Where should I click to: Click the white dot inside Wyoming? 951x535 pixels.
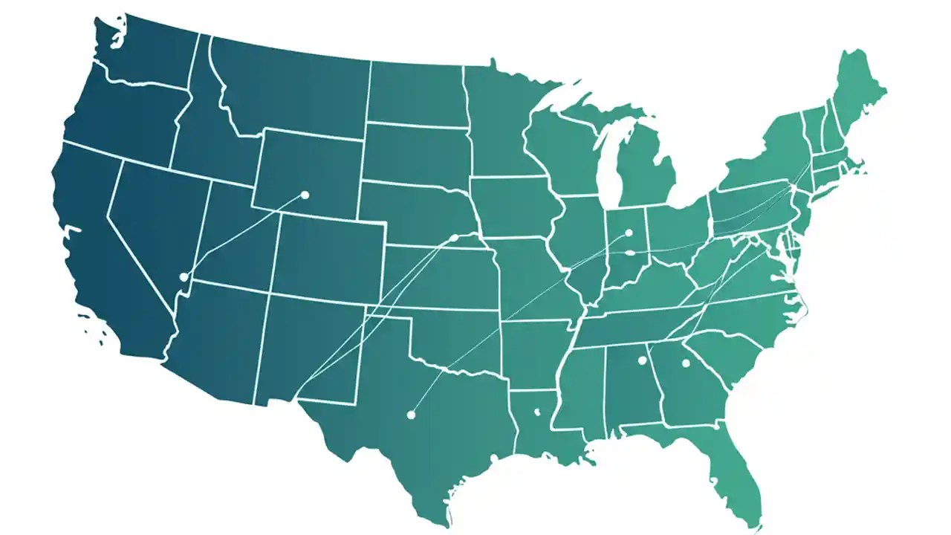pyautogui.click(x=304, y=195)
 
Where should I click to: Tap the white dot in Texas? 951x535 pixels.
pyautogui.click(x=410, y=415)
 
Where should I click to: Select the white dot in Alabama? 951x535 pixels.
pyautogui.click(x=642, y=360)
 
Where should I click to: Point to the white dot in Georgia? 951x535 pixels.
pyautogui.click(x=686, y=363)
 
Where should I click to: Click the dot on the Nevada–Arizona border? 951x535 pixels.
pyautogui.click(x=184, y=276)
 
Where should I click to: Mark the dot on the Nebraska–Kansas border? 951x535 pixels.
pyautogui.click(x=454, y=238)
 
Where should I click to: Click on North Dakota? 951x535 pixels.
pyautogui.click(x=416, y=93)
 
